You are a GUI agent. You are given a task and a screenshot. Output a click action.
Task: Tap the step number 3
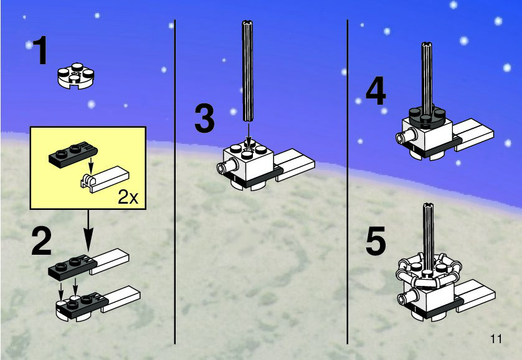coord(204,119)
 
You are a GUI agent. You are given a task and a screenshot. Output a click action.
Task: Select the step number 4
coord(375,93)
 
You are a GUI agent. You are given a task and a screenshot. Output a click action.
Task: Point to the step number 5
coord(376,242)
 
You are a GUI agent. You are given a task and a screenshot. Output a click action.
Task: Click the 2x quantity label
coord(128,198)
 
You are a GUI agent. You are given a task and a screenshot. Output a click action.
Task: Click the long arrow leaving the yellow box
coord(88,230)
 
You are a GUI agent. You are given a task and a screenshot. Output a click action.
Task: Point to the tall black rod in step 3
coord(248,75)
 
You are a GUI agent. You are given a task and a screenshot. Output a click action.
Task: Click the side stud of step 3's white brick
coord(224,167)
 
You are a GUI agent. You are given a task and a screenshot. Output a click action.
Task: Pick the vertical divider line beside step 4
coord(347,181)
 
